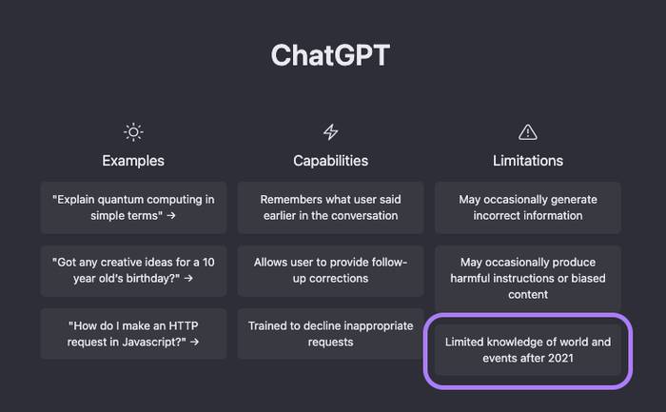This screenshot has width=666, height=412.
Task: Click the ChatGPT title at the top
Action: [329, 55]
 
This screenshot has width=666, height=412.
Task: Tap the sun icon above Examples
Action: [133, 131]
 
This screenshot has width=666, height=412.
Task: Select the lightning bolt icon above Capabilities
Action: [330, 131]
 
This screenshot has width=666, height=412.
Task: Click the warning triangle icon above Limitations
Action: [527, 131]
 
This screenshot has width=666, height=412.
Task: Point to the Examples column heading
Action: [133, 161]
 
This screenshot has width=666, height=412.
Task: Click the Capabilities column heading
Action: [330, 161]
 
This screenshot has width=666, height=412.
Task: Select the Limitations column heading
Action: [527, 161]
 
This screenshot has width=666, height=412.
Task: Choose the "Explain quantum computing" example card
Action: [133, 207]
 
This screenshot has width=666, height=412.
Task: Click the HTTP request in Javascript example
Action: [133, 333]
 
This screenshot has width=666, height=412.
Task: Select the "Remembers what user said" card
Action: [330, 207]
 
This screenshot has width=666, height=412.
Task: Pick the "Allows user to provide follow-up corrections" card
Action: [330, 270]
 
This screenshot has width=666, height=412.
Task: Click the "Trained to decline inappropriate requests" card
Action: [330, 333]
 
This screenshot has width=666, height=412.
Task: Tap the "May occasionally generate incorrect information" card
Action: [527, 207]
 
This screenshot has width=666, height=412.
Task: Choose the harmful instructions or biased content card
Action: [527, 278]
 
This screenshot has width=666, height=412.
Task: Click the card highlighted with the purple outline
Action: [527, 350]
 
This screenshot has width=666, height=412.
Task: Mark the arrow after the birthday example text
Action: [188, 279]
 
